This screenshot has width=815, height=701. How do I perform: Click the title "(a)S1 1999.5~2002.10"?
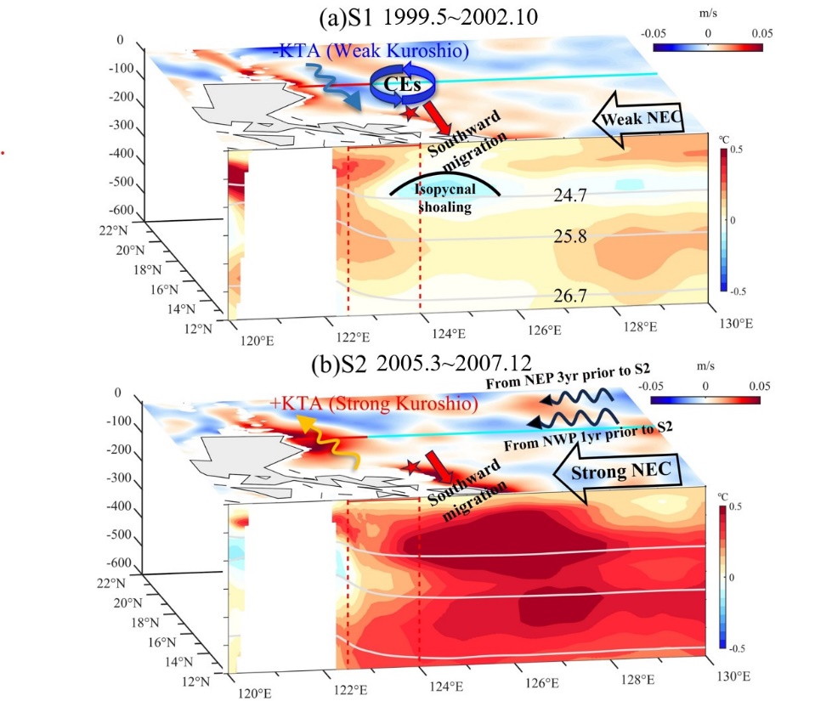(428, 17)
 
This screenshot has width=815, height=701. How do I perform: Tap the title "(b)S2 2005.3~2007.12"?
(422, 363)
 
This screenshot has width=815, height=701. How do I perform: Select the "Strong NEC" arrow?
(618, 472)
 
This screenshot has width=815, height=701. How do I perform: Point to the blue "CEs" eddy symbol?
(402, 84)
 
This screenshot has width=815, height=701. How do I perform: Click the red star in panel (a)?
(410, 111)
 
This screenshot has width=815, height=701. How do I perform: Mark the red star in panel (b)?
(412, 467)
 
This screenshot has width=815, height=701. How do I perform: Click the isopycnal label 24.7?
(569, 195)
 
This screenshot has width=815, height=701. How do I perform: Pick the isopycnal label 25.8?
(569, 236)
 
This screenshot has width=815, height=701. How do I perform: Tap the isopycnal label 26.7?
(569, 296)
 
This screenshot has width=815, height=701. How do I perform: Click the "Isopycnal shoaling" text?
(445, 198)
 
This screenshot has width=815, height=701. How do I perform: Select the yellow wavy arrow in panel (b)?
(327, 443)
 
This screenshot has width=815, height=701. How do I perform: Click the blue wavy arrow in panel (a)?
(331, 87)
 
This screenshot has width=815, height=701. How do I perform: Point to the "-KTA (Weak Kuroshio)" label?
(371, 50)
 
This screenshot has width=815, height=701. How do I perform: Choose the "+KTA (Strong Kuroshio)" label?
(374, 404)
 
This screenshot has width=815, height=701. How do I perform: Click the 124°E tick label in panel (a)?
(449, 333)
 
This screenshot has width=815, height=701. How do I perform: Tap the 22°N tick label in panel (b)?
(111, 583)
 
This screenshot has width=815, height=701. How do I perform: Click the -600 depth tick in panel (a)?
(122, 209)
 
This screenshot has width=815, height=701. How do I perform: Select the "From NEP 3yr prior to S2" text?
(568, 376)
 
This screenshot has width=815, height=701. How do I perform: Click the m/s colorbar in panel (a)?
(707, 48)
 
